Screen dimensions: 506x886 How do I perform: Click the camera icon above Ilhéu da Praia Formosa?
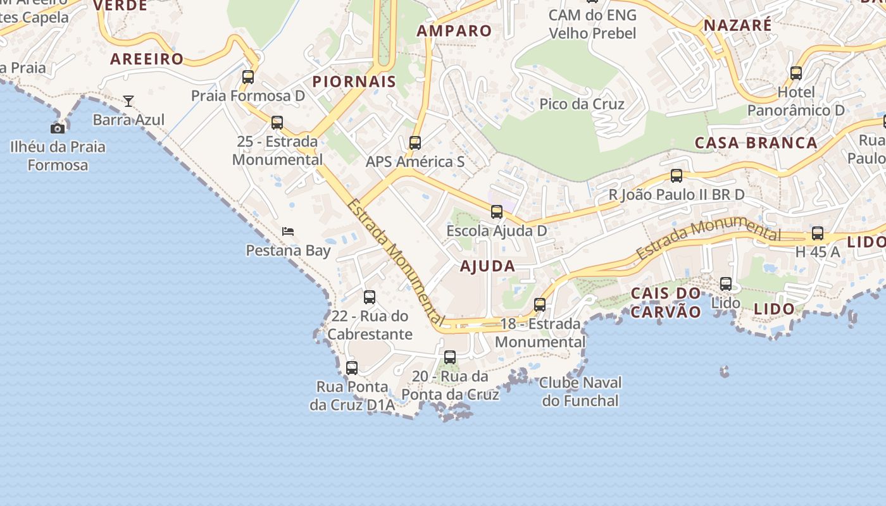(x=58, y=128)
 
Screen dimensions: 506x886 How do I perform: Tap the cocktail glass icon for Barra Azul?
(x=128, y=101)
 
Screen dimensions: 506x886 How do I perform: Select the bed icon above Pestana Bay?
(x=288, y=231)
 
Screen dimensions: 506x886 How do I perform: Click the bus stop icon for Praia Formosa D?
(x=248, y=77)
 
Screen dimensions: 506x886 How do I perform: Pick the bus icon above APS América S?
(x=415, y=143)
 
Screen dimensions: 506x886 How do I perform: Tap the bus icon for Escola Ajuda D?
(x=497, y=212)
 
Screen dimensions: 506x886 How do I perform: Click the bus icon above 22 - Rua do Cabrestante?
(x=370, y=297)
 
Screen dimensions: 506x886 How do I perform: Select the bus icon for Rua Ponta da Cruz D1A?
(x=352, y=367)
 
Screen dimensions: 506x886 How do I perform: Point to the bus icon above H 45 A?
(x=818, y=233)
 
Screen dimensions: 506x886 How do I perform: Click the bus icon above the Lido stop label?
(x=726, y=284)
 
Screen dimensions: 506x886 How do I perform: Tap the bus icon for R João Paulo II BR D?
(x=677, y=176)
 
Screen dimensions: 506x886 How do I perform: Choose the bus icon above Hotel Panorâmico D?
(x=796, y=73)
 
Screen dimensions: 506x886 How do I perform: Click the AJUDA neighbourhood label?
(x=487, y=266)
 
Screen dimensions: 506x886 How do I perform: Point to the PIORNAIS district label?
(x=354, y=82)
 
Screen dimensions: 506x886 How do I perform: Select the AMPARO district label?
(x=454, y=30)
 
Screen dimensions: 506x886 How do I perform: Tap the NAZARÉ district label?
(x=738, y=25)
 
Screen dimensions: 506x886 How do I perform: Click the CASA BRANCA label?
(x=756, y=142)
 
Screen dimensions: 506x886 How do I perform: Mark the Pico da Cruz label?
(x=582, y=104)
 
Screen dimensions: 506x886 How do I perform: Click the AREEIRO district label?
(x=147, y=59)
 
